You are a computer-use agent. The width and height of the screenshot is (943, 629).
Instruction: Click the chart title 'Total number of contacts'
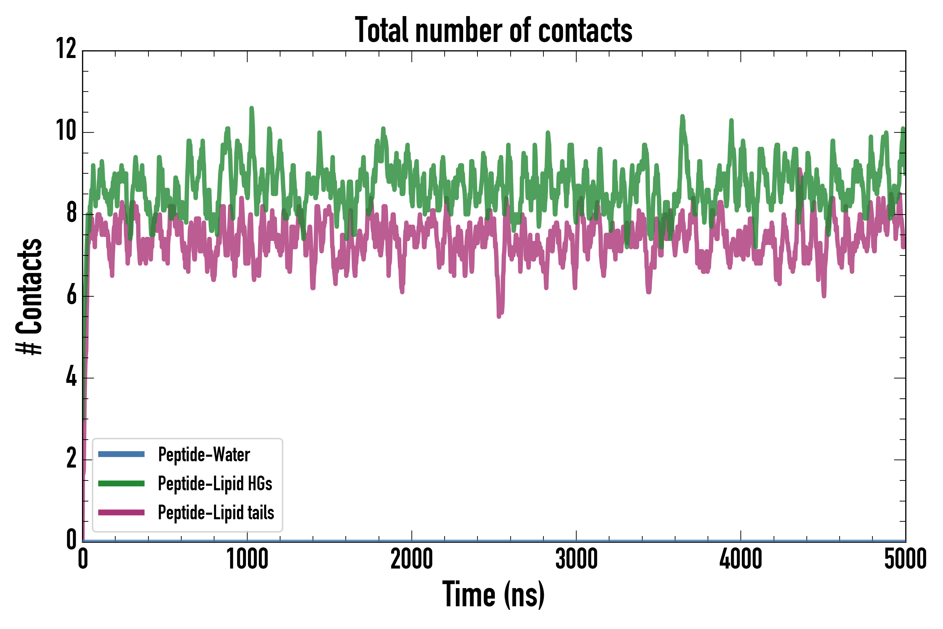[x=494, y=30]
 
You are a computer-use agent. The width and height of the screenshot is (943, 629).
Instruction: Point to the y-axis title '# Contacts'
[x=29, y=297]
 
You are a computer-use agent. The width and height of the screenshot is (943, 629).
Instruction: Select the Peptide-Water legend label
[x=204, y=455]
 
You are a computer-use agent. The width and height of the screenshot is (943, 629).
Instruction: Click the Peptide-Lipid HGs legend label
[x=215, y=483]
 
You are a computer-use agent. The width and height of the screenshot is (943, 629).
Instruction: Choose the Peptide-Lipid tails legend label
[x=216, y=513]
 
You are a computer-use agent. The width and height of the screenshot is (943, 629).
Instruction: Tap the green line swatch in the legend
[x=121, y=483]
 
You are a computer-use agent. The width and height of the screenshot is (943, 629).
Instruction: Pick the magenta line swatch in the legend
[x=121, y=513]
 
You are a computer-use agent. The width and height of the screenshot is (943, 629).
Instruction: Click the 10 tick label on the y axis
[x=66, y=131]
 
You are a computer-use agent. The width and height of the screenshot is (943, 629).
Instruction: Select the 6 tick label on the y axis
[x=71, y=296]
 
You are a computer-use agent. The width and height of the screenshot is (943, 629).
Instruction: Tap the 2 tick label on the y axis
[x=71, y=458]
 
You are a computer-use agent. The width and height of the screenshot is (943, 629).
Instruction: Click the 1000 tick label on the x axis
[x=247, y=559]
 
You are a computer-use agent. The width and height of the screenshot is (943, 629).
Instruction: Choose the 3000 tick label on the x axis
[x=576, y=559]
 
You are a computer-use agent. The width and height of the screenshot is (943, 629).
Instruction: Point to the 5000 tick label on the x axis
[x=905, y=559]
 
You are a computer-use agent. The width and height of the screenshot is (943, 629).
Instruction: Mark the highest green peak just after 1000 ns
[x=252, y=108]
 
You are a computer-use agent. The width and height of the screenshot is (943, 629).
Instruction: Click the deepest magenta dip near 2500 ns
[x=499, y=316]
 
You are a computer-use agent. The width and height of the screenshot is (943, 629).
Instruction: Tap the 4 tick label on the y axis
[x=71, y=377]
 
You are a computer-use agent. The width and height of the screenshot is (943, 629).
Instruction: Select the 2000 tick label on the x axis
[x=412, y=559]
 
